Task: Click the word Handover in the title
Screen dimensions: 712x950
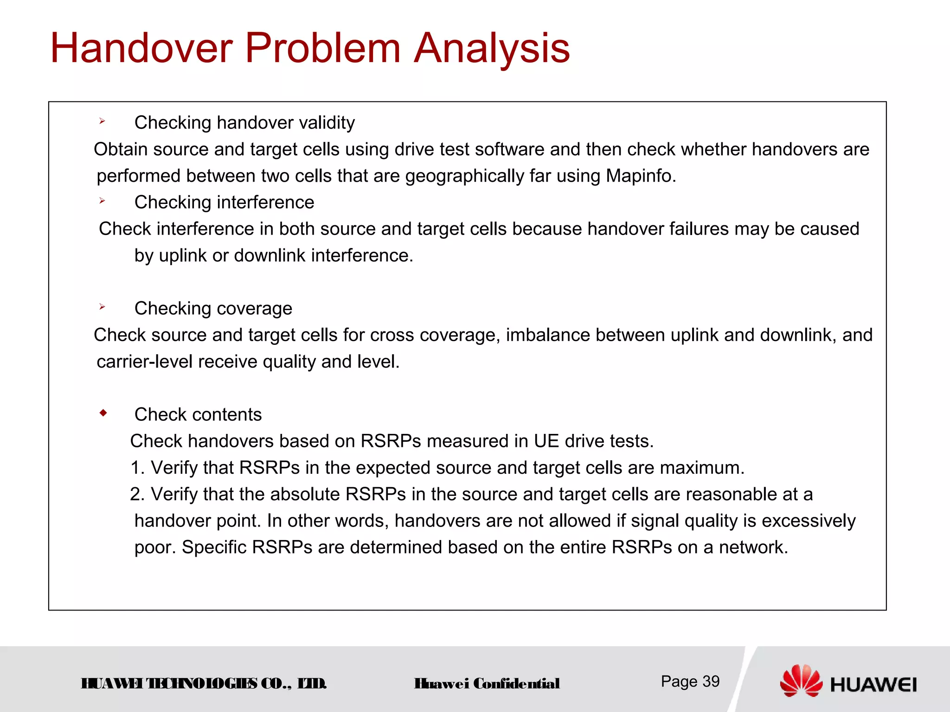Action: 141,48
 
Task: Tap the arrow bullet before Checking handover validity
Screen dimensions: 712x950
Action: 102,121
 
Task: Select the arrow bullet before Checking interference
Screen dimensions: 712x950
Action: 102,201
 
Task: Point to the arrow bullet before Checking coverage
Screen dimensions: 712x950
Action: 102,307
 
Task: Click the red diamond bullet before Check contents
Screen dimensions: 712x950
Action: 103,413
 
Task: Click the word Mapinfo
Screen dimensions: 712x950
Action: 640,176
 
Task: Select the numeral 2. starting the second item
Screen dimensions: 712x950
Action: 137,495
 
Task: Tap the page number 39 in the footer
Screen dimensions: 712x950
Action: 711,681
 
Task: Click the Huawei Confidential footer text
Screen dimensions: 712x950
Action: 487,684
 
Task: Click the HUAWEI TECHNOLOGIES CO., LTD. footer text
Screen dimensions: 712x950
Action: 204,684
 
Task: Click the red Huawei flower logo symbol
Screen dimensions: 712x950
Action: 801,680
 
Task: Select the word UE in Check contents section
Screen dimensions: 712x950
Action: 546,441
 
